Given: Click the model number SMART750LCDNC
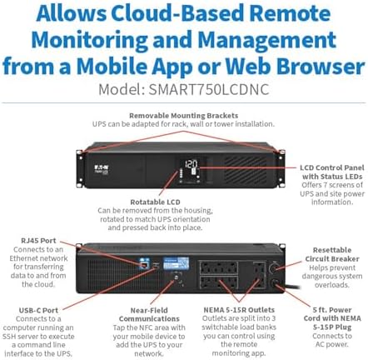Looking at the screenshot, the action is point(209,89).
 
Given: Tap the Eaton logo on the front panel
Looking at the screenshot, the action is point(102,167).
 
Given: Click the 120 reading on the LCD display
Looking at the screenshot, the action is point(191,163).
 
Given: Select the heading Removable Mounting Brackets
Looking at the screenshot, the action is point(183,115).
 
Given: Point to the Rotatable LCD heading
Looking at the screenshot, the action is point(155,202).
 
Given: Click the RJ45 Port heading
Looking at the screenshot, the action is point(38,241).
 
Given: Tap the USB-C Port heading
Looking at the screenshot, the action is point(38,310).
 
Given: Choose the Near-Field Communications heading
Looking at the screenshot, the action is point(149,314).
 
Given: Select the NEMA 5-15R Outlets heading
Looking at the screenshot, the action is point(239,310).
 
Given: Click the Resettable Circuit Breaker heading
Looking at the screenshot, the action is point(332,254).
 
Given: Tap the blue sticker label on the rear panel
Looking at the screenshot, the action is point(176,263).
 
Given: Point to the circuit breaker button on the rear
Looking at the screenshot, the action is point(273,268).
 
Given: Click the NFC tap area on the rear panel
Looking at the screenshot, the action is point(176,277).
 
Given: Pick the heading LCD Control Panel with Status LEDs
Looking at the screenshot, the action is point(332,172).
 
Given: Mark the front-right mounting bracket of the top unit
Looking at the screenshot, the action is point(281,168).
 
